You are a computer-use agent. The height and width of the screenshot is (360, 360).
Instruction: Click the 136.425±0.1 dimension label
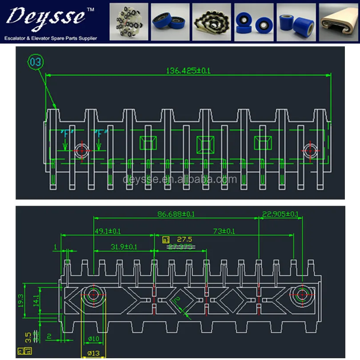click(188, 70)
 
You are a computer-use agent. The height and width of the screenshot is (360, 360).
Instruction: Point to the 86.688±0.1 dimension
click(176, 214)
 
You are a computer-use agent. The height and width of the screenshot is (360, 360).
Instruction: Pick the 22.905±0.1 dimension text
click(280, 214)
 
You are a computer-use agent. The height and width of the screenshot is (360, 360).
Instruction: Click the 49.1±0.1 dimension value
click(108, 231)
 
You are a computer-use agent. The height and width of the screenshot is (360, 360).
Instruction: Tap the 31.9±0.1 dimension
click(124, 246)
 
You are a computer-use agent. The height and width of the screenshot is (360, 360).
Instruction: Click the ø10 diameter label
click(93, 339)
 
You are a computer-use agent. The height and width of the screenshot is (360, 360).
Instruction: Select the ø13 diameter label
click(93, 354)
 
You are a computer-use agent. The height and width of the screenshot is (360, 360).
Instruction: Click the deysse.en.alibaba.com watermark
click(180, 180)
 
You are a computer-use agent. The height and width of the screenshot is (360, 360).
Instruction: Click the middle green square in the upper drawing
click(205, 143)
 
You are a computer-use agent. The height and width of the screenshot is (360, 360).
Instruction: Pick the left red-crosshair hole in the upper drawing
click(81, 150)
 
